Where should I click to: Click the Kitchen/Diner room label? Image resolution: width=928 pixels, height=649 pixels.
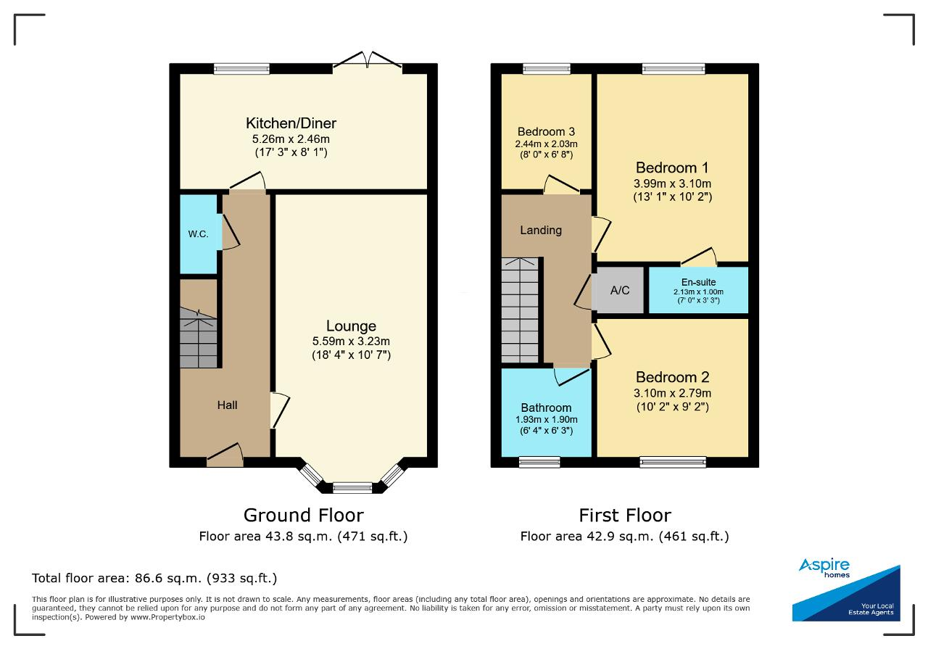[291, 123]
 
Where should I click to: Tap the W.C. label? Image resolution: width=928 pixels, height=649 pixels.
[198, 234]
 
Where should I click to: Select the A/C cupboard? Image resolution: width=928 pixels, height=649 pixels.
[619, 290]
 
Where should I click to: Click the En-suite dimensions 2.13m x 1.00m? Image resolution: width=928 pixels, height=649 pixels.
[698, 292]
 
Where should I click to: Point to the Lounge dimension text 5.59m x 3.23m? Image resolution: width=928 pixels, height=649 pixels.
[351, 341]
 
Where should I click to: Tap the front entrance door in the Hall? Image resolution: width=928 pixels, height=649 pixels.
[225, 456]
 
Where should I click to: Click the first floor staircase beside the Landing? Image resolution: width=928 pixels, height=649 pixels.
[520, 310]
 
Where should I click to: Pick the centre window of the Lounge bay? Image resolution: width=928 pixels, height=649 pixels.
[352, 487]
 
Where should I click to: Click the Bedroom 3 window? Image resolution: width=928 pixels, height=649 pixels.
[547, 69]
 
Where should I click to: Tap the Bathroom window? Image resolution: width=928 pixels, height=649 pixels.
[539, 462]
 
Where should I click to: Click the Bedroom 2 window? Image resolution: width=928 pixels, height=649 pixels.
[673, 462]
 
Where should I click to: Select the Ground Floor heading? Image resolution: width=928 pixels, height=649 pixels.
[304, 516]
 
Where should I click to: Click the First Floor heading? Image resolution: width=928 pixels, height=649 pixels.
[625, 516]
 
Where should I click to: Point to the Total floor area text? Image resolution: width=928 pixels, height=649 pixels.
[154, 578]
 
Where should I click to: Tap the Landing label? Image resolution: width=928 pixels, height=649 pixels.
[541, 230]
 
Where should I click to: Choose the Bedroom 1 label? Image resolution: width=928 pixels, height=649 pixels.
[672, 168]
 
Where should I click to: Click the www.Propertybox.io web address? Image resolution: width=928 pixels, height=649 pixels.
[167, 617]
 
